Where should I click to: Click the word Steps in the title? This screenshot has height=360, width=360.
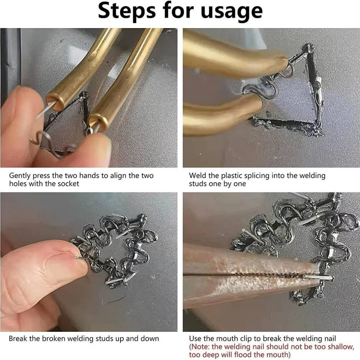click(x=127, y=11)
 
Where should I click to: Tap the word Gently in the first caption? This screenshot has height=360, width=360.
click(x=20, y=176)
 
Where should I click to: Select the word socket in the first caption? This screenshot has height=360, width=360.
click(x=68, y=184)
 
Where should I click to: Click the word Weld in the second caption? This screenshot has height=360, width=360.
click(x=197, y=176)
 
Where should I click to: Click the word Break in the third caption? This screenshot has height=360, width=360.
click(x=18, y=339)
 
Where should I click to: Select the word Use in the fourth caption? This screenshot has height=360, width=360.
click(x=195, y=339)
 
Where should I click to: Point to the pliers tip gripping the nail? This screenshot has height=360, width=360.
click(x=318, y=276)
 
